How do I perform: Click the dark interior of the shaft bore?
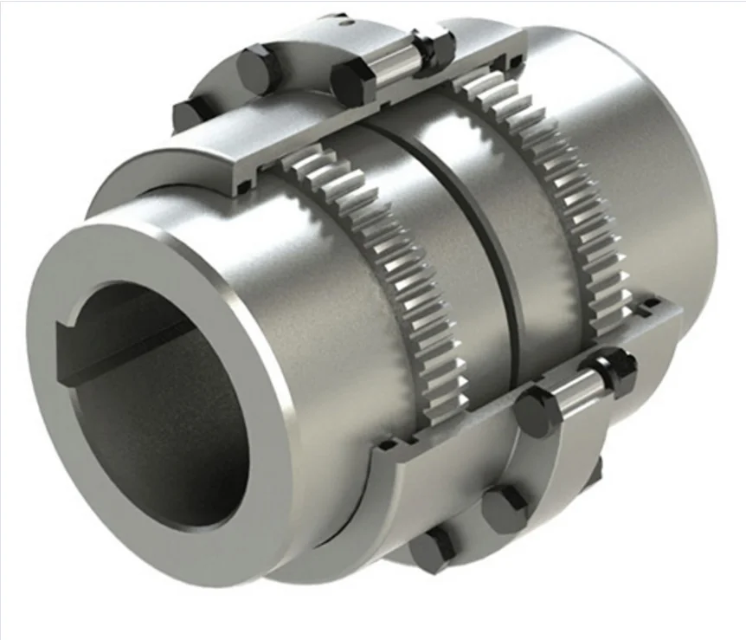[156, 407]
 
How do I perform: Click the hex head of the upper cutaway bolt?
[350, 81]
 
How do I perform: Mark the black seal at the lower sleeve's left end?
[386, 447]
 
